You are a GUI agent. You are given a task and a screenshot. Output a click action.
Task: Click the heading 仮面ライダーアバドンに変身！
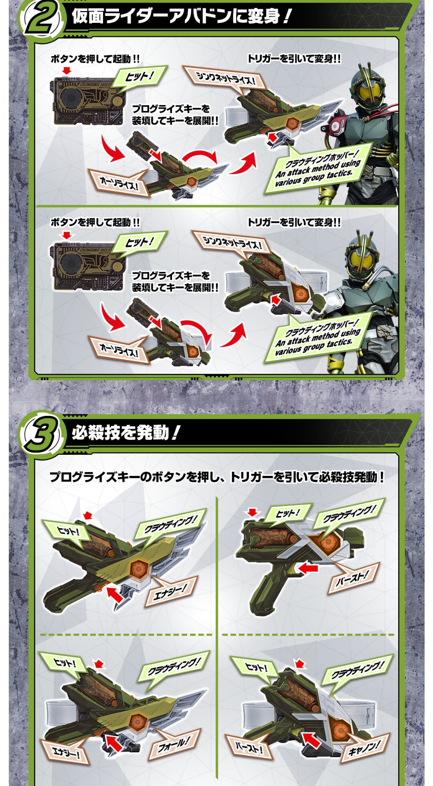(x=180, y=17)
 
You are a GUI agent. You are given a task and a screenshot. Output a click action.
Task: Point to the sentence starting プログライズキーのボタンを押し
(x=217, y=477)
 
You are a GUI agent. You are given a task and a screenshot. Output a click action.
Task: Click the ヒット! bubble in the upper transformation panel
(x=138, y=77)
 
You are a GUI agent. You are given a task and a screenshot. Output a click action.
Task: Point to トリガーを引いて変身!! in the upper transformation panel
(x=294, y=59)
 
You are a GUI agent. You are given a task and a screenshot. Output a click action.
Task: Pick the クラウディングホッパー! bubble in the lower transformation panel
(x=317, y=337)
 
